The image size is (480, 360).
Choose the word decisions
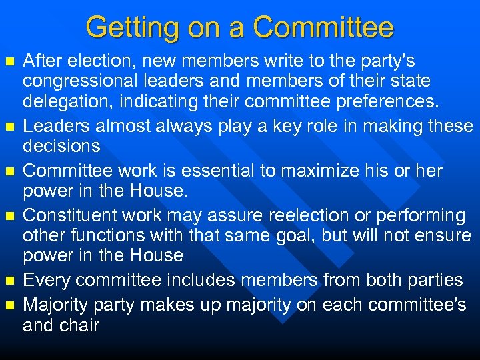(x=61, y=146)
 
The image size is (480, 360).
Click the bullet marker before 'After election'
(x=9, y=62)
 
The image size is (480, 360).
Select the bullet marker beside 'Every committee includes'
(x=9, y=281)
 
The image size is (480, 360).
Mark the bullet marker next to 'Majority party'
(x=9, y=305)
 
